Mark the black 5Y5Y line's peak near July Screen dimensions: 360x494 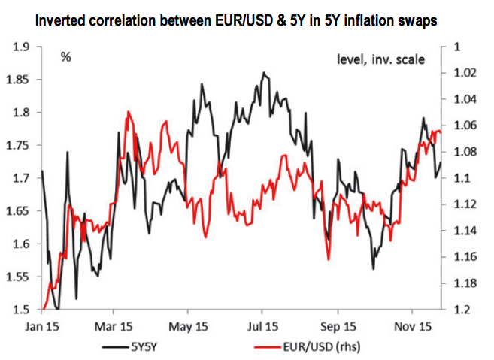click(263, 73)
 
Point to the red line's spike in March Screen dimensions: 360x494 click(129, 112)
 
